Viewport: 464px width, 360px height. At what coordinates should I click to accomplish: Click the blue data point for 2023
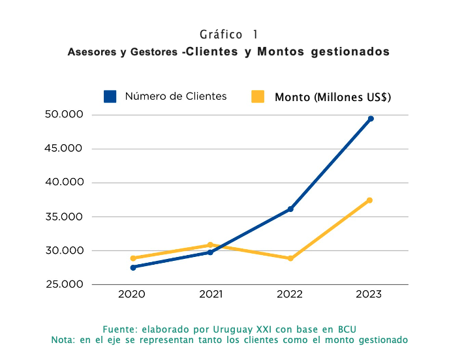[371, 119]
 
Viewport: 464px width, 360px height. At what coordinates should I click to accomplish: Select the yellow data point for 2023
[369, 200]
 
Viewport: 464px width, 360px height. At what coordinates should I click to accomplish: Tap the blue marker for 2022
[290, 209]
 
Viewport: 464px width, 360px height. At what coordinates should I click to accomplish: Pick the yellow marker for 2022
[290, 258]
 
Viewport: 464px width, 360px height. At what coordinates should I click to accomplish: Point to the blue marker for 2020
[133, 267]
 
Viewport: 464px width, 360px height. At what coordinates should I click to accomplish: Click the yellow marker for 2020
[133, 258]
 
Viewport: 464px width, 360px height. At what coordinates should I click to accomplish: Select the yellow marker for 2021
[210, 245]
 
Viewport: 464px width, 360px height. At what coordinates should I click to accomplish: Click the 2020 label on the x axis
[132, 295]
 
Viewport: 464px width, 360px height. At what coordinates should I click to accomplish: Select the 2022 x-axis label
[290, 295]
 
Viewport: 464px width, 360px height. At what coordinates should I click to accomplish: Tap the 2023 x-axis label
[369, 295]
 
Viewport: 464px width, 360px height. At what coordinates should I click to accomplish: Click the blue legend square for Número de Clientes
[110, 97]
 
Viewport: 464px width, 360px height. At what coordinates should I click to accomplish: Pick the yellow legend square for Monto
[258, 97]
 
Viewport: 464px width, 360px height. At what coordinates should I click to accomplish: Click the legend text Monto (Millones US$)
[333, 97]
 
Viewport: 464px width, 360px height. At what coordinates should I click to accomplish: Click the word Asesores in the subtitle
[90, 52]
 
